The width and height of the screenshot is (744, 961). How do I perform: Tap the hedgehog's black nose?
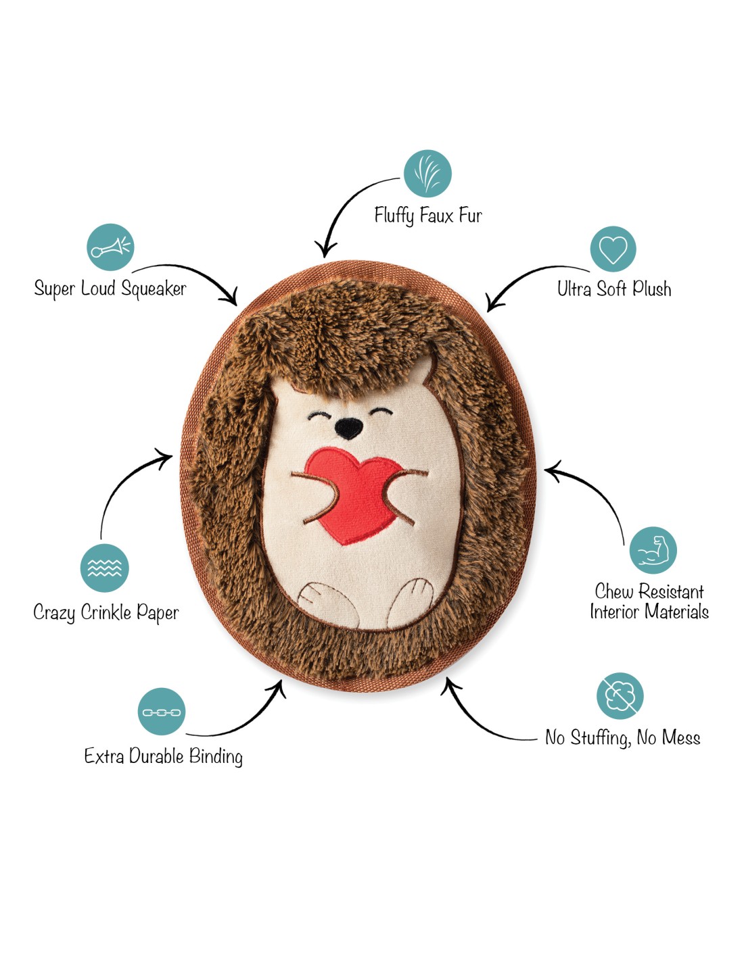point(349,426)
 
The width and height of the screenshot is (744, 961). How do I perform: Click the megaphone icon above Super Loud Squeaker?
point(110,247)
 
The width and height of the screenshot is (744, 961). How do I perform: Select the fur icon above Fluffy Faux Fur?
point(427,174)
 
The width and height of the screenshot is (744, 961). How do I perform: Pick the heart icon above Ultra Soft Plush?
point(613,249)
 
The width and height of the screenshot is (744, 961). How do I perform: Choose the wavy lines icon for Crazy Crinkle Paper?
point(104,568)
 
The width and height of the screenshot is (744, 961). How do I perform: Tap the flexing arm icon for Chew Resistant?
point(653,551)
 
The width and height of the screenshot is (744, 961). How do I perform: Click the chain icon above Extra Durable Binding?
point(162,712)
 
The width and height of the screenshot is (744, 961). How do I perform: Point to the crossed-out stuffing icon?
point(620,696)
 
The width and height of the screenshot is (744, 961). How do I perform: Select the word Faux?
point(436,216)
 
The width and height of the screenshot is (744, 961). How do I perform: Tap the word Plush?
point(652,289)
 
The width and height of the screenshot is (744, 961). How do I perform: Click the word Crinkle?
point(106,612)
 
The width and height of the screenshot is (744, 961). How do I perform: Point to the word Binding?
point(216,756)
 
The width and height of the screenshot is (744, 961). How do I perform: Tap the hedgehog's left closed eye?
point(320,414)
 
